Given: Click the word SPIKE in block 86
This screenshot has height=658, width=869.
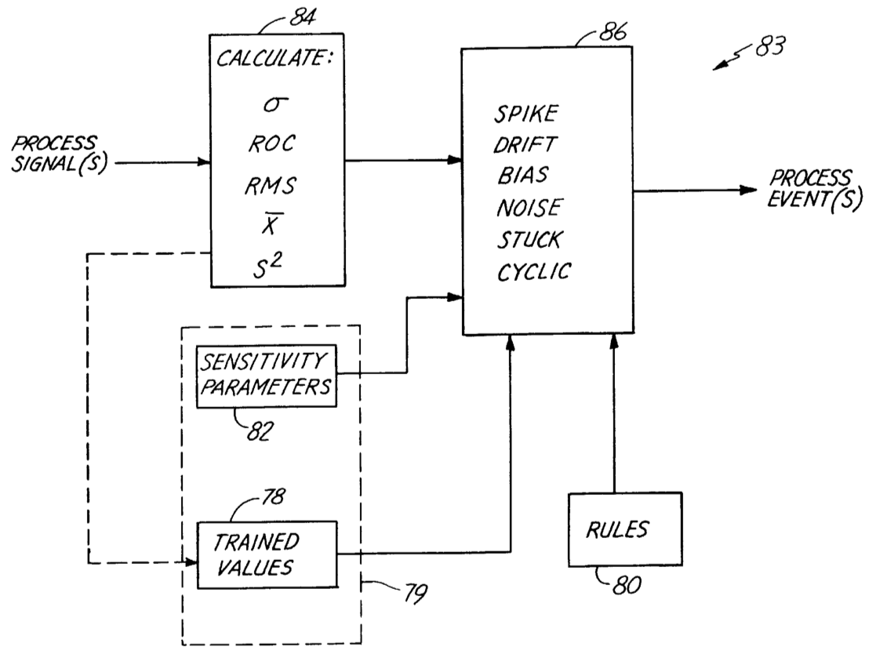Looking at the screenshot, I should click(526, 113).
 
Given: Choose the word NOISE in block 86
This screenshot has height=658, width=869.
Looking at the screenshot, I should click(529, 208).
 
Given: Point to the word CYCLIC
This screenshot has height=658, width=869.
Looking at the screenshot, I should click(534, 271).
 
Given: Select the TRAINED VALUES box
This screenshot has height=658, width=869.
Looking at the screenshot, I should click(267, 554).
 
